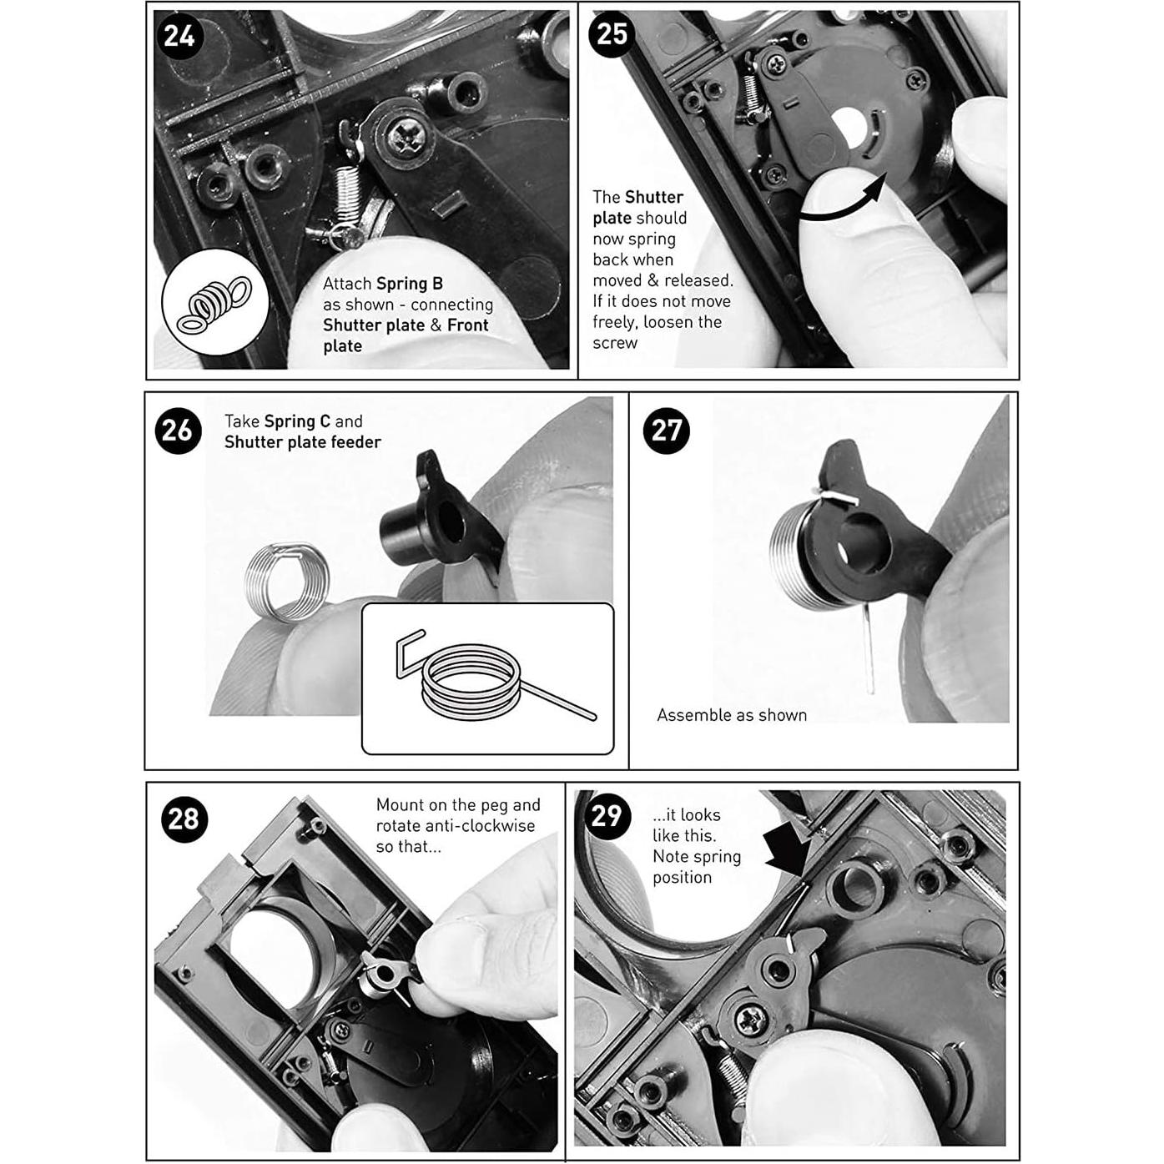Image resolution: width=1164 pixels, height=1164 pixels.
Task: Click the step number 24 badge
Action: point(179,36)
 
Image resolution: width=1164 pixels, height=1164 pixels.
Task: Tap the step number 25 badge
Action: point(612,34)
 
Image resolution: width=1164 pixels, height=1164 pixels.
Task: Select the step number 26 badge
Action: point(178,431)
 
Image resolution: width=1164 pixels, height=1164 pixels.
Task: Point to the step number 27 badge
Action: point(666,431)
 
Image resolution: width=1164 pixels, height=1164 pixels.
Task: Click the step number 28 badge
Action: point(184,819)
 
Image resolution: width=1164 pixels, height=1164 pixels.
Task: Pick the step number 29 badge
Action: point(607,814)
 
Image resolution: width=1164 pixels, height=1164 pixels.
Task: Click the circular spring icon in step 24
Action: point(214,303)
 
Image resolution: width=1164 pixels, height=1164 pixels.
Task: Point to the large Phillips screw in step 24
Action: point(406,139)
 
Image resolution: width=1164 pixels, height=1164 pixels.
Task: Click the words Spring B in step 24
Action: point(410,284)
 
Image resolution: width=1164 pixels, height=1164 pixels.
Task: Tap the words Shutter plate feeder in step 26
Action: point(302,442)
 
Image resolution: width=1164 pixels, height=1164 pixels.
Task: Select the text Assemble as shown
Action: point(731,715)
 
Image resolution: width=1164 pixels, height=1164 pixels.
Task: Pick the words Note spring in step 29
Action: point(696,856)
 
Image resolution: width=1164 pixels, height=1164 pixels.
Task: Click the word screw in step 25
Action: point(615,343)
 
